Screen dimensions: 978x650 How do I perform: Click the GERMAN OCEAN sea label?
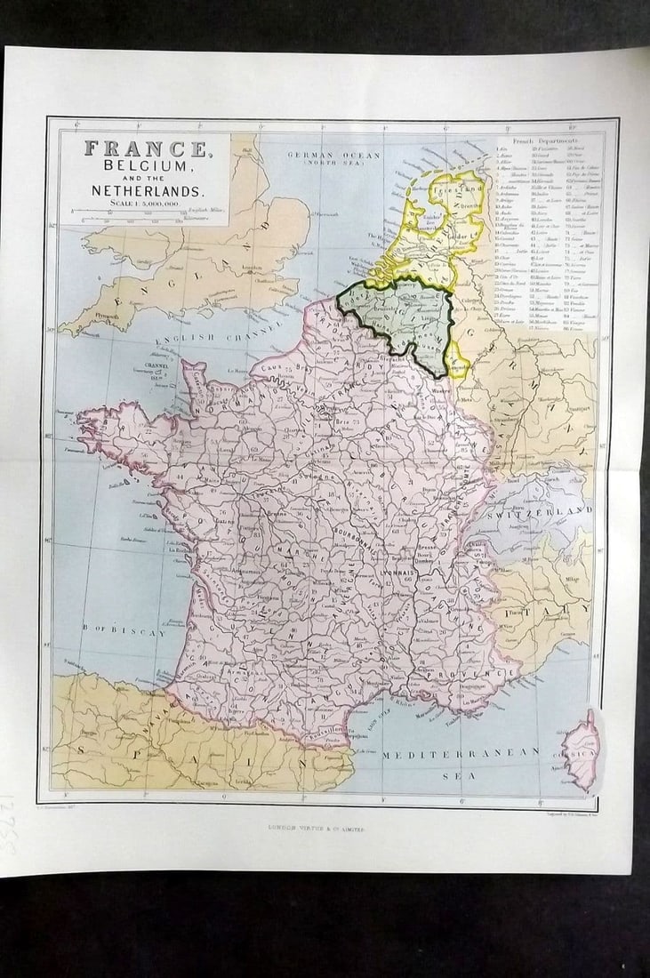(x=333, y=156)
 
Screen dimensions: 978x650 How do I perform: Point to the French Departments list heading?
(x=545, y=141)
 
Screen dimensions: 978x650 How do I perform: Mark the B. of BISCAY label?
(x=125, y=632)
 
